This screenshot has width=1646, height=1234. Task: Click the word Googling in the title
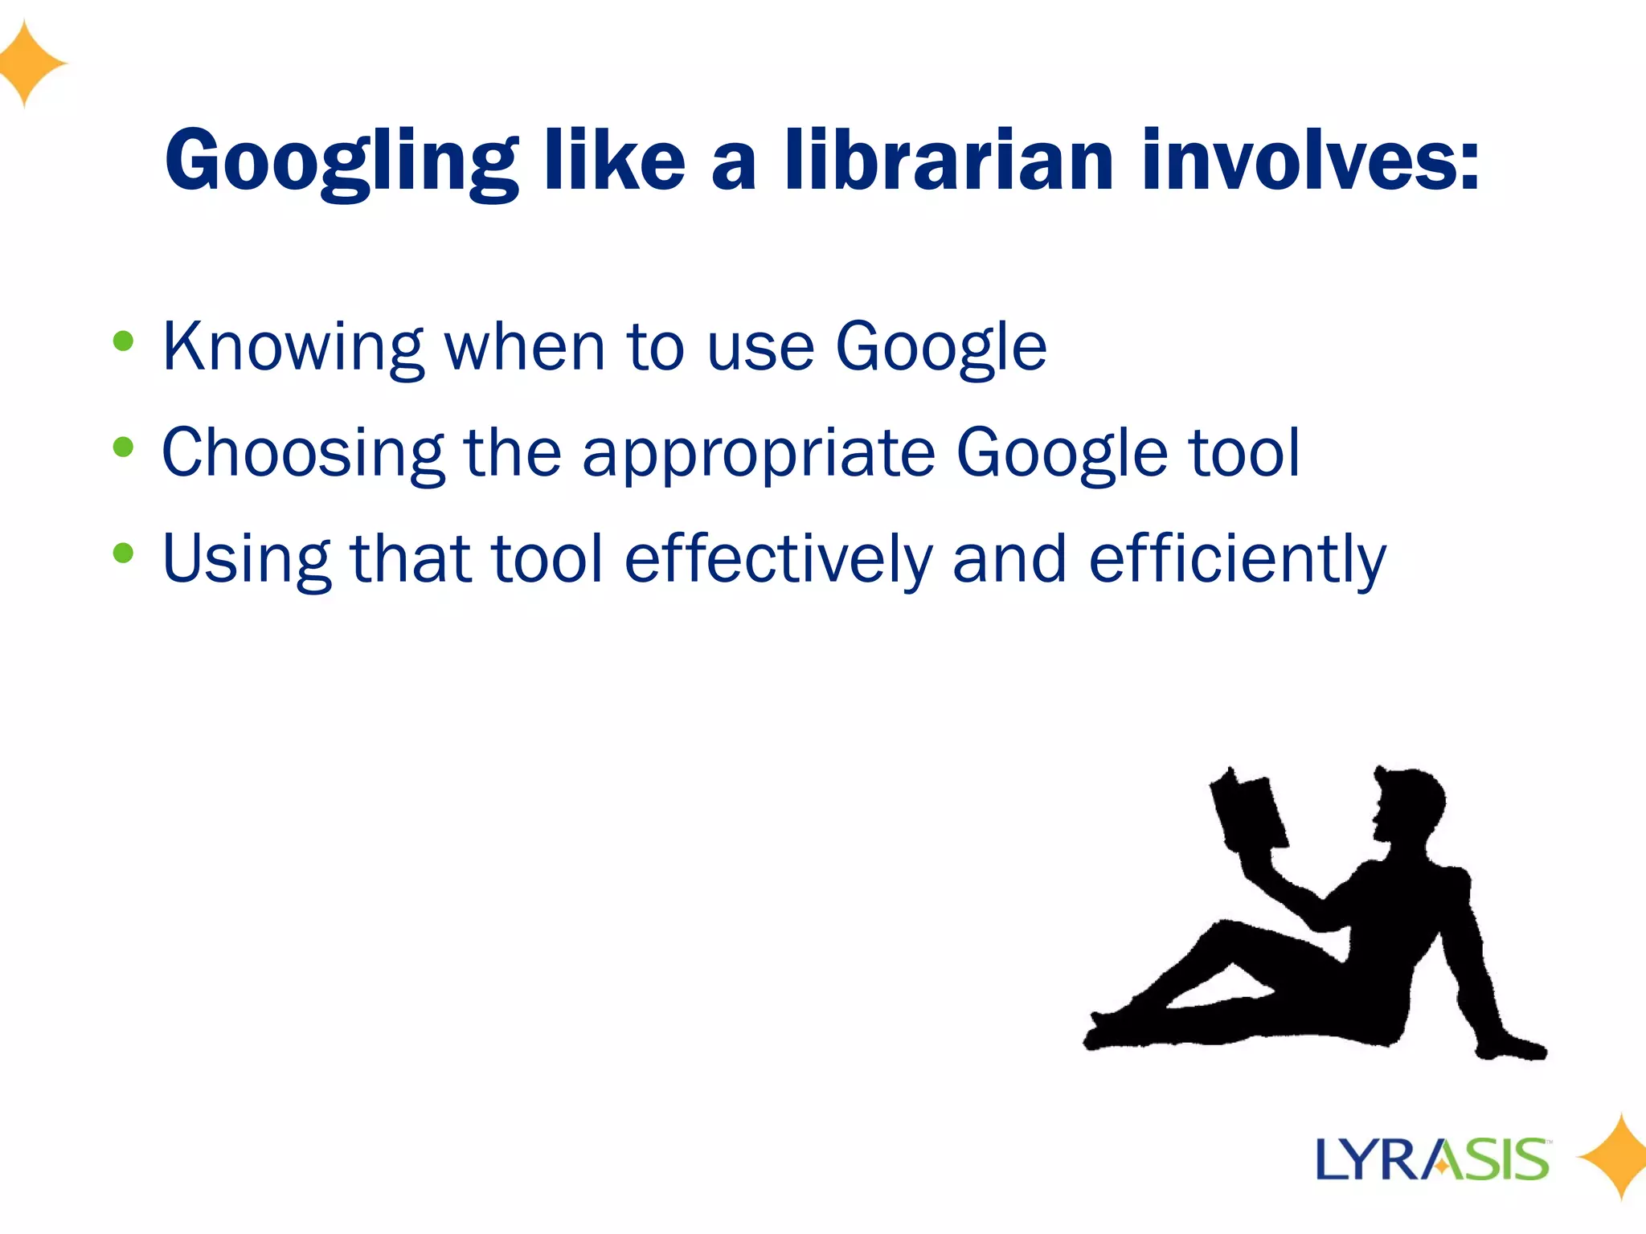pos(341,162)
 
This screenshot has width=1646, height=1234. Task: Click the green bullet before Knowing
pos(123,341)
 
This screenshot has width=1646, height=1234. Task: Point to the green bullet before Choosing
pos(123,447)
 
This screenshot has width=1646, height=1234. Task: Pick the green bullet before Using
pos(123,553)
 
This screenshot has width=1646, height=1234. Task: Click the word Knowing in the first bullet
pos(293,347)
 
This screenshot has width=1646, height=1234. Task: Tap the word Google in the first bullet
pos(941,347)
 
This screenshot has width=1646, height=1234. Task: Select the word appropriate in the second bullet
pos(759,454)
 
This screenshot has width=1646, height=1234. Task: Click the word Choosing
pos(303,454)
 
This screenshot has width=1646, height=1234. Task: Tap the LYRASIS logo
pos(1432,1159)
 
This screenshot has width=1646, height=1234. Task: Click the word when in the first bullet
pos(524,347)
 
